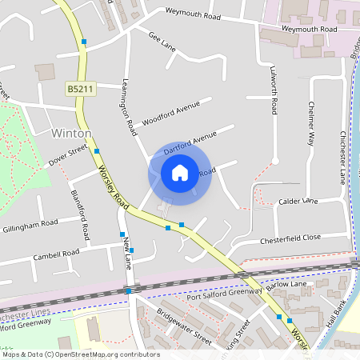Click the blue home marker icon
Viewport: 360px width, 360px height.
coord(180,173)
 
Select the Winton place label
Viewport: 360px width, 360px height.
coord(71,133)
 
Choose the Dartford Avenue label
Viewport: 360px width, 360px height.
coord(190,143)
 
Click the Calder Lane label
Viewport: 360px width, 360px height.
coord(298,202)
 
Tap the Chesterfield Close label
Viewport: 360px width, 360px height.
coord(290,238)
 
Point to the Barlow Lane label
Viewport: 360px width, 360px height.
coord(286,284)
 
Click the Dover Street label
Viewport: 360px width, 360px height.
coord(67,154)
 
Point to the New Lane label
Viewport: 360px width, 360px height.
coord(126,257)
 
